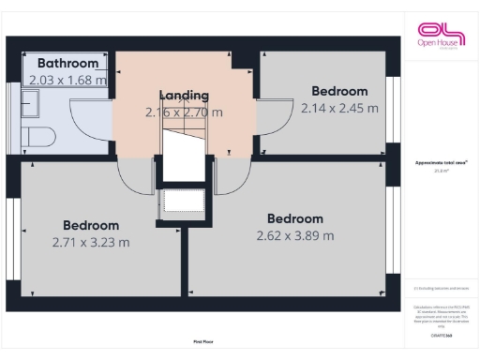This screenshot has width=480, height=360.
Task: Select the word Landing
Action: click(x=184, y=96)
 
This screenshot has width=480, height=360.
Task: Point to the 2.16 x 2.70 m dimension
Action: click(x=184, y=112)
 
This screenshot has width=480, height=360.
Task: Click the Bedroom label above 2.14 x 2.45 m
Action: click(x=339, y=91)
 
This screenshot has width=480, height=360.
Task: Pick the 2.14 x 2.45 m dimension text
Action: click(x=339, y=108)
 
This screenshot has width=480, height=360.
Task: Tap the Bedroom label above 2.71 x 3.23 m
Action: click(x=91, y=225)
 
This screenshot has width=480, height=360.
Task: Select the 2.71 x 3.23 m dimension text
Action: click(x=91, y=242)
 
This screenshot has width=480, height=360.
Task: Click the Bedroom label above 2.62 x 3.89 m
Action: click(x=294, y=218)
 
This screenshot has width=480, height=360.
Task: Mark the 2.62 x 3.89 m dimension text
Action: click(x=294, y=235)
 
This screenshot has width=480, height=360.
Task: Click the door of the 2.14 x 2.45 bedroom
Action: click(x=272, y=122)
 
